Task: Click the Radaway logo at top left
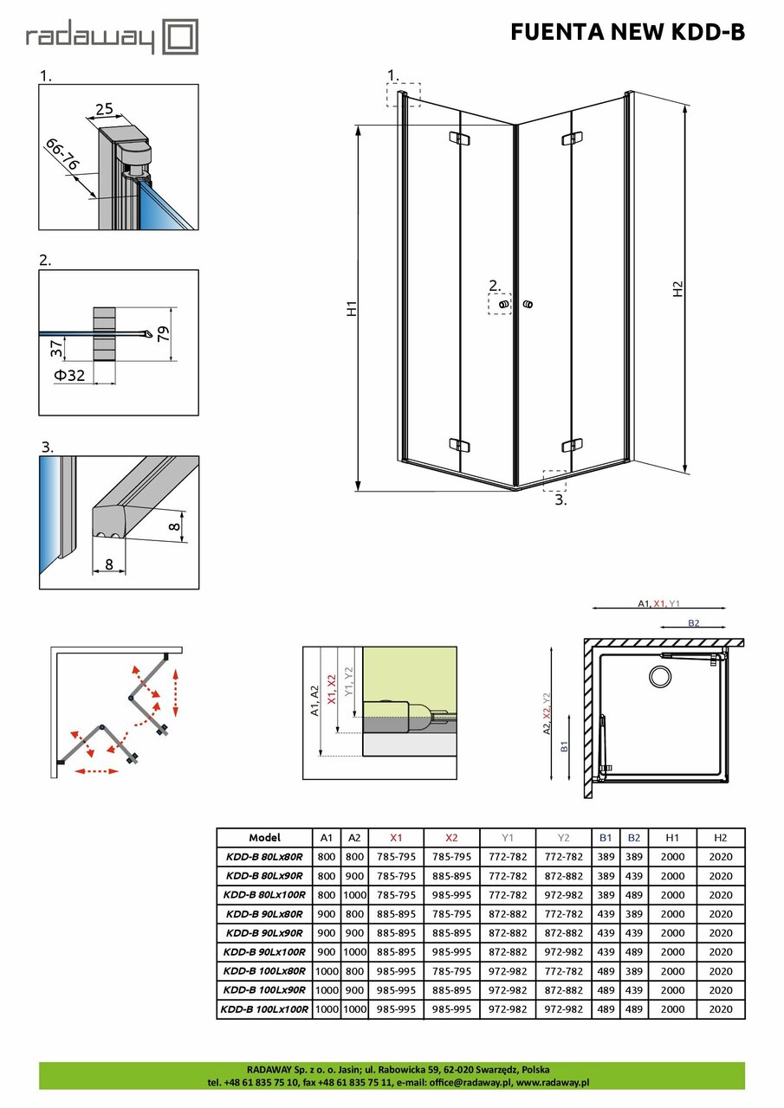(112, 38)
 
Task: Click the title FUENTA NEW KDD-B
(626, 32)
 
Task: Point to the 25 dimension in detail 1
(104, 109)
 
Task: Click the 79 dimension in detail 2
(162, 333)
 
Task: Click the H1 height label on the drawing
(352, 308)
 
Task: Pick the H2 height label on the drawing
(678, 290)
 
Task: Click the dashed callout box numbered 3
(554, 480)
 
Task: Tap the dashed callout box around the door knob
(500, 305)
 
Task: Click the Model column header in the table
(264, 838)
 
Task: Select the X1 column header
(396, 838)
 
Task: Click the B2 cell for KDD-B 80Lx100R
(634, 895)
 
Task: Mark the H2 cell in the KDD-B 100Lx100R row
(720, 1009)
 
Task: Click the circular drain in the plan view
(662, 677)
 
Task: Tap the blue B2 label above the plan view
(694, 622)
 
